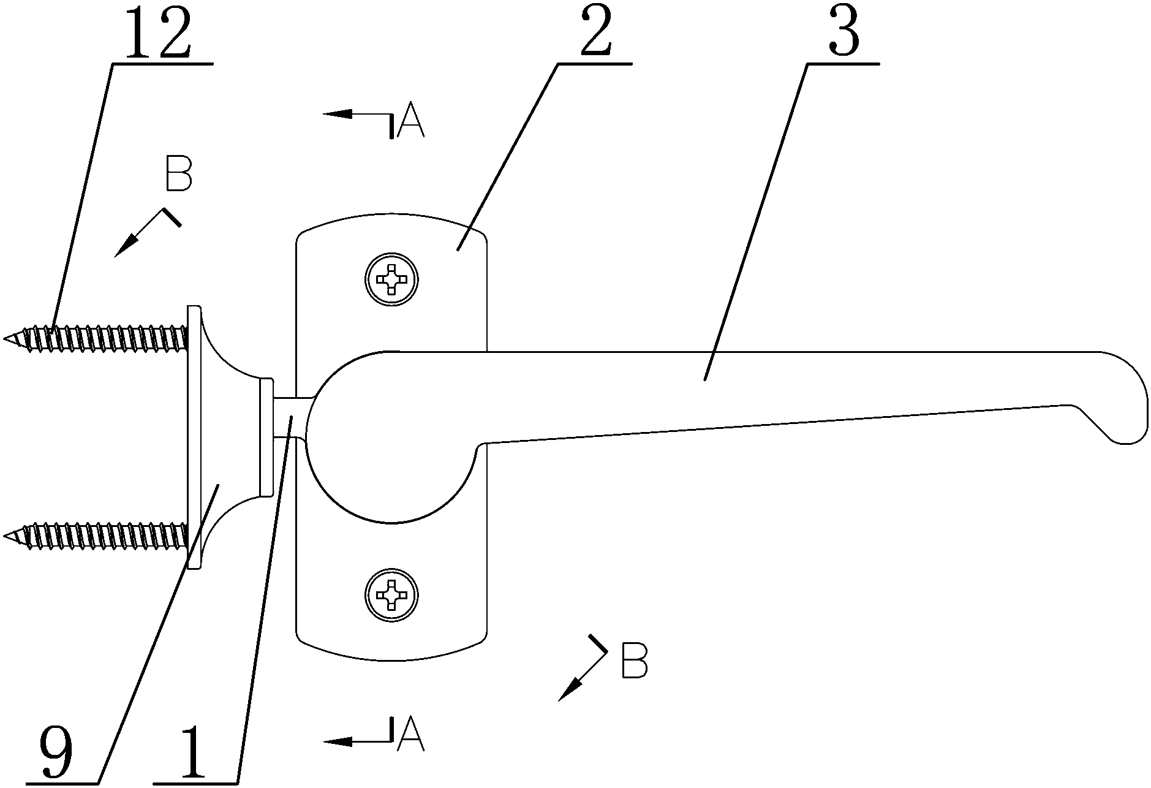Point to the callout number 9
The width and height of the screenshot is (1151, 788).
[x=56, y=754]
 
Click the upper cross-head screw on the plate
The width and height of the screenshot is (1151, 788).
[x=391, y=280]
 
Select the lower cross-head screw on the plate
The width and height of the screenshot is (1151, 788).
[x=391, y=594]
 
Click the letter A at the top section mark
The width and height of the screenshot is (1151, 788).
[x=410, y=122]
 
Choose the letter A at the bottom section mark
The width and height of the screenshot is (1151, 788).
[x=410, y=735]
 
